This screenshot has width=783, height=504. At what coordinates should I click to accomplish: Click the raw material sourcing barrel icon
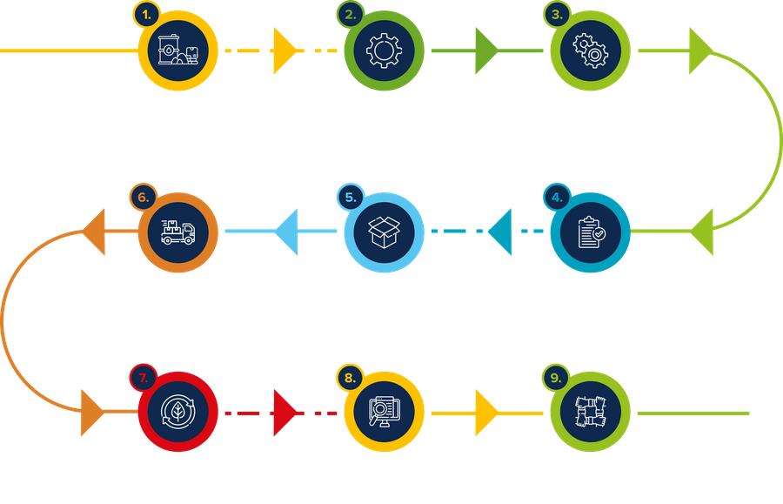178,50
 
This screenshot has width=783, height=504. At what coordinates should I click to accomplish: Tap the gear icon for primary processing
384,50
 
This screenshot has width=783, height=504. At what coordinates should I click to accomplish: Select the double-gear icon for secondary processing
590,50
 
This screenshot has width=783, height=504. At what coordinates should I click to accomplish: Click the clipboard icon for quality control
590,232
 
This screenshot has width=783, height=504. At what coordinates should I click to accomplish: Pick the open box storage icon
384,232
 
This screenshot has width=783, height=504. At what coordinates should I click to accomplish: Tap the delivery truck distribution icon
178,232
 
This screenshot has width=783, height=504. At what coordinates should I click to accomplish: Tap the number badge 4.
557,197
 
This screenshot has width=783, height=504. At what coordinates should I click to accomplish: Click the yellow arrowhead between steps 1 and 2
284,50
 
